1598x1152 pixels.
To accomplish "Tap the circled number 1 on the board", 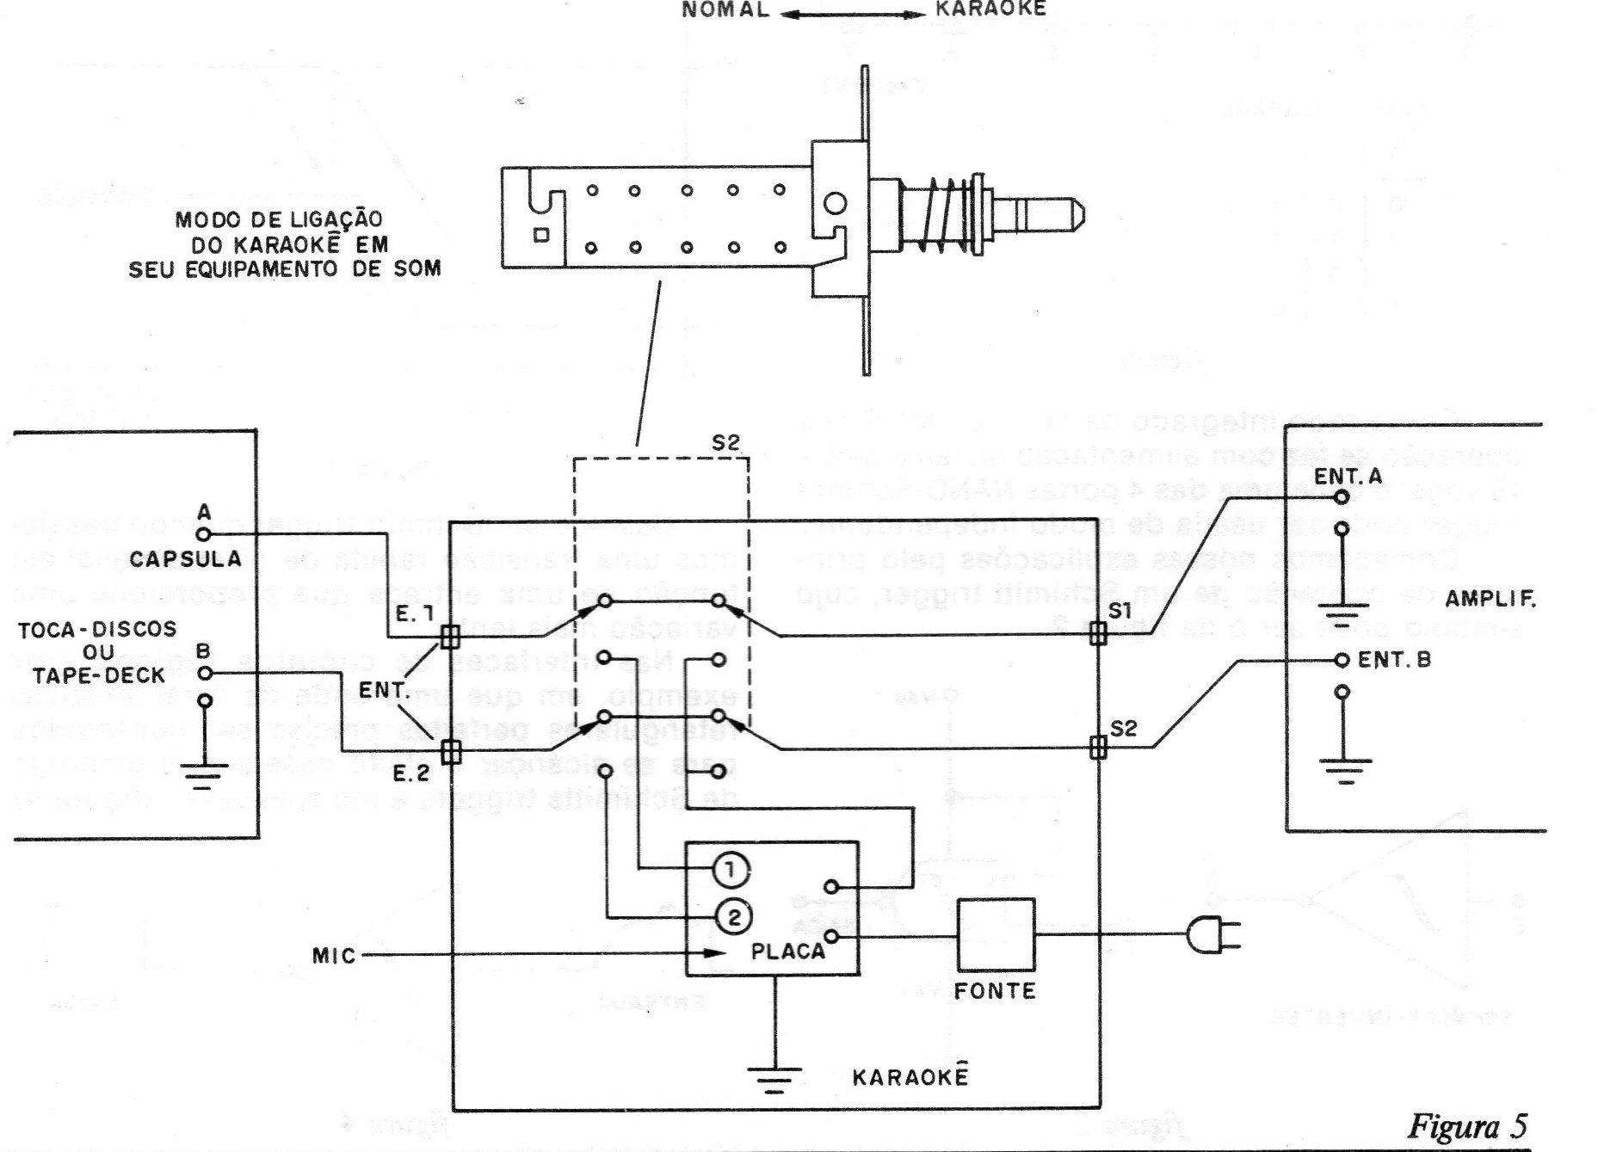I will click(731, 871).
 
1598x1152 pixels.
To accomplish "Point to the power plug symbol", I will click(1210, 935).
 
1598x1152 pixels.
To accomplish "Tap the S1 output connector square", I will click(1097, 634).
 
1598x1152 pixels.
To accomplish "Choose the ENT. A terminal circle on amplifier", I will click(1341, 497).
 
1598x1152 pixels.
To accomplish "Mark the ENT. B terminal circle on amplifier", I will click(1341, 661).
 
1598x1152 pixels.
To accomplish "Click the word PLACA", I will click(787, 952).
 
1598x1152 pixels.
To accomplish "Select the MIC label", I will click(334, 955).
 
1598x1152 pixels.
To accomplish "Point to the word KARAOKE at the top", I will click(990, 9).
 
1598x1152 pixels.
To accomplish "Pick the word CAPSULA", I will click(186, 559).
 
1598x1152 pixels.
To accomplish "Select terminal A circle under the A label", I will click(204, 533).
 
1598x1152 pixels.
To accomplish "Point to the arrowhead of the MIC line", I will click(713, 953).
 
